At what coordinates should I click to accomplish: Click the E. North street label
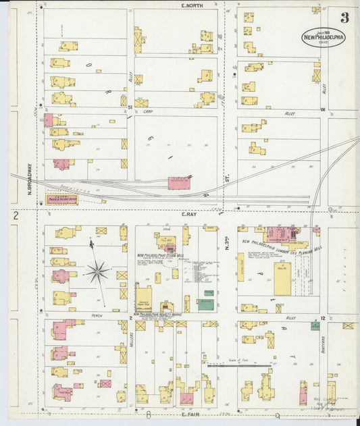pos(193,5)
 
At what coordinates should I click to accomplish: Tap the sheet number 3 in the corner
pos(344,18)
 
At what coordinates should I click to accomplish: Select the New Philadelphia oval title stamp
pos(323,36)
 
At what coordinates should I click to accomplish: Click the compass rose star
pos(97,272)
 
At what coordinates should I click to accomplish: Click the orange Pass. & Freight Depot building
pos(61,199)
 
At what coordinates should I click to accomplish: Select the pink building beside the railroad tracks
pos(179,183)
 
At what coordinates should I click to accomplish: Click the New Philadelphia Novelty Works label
pos(157,315)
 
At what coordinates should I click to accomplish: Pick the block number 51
pos(124,106)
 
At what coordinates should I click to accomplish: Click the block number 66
pos(323,109)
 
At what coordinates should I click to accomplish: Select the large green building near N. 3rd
pos(206,304)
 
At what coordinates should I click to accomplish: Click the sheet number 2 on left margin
pos(14,215)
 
